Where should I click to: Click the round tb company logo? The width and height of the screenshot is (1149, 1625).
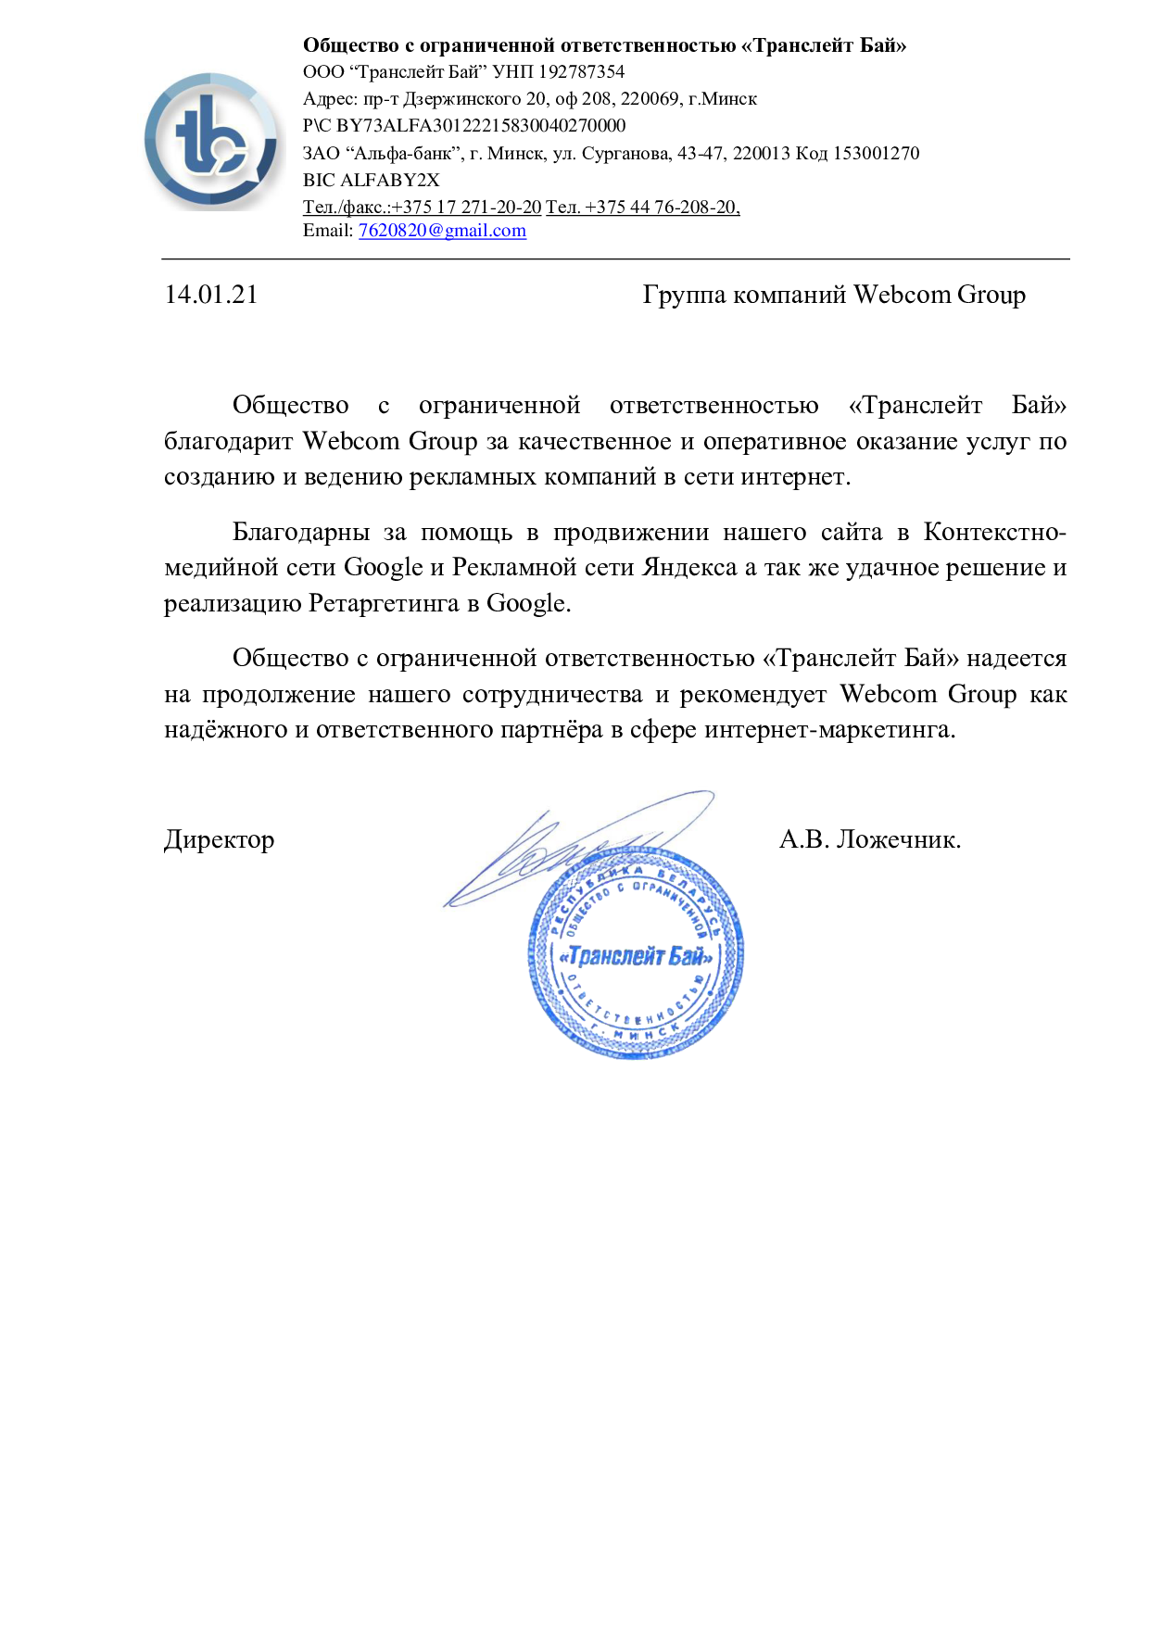coord(212,142)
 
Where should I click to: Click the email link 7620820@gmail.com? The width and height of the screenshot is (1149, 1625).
coord(442,231)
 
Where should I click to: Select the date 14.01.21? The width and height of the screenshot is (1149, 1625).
coord(211,295)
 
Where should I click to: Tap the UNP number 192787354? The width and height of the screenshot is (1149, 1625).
coord(581,72)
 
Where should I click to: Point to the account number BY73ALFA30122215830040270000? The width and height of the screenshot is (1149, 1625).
coord(481,126)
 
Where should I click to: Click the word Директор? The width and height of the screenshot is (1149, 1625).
coord(219,840)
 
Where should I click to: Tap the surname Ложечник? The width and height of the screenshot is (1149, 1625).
coord(898,840)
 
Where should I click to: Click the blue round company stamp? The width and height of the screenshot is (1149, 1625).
coord(636,954)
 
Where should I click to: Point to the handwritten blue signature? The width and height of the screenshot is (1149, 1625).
coord(574,848)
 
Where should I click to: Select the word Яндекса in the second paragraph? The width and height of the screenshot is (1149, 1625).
coord(689,567)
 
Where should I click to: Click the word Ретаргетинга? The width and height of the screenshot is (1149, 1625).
coord(383,604)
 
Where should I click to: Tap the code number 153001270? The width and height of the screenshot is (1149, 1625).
coord(876,153)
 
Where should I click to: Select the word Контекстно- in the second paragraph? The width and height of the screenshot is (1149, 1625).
coord(994,532)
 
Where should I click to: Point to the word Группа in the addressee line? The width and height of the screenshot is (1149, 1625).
coord(684,295)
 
